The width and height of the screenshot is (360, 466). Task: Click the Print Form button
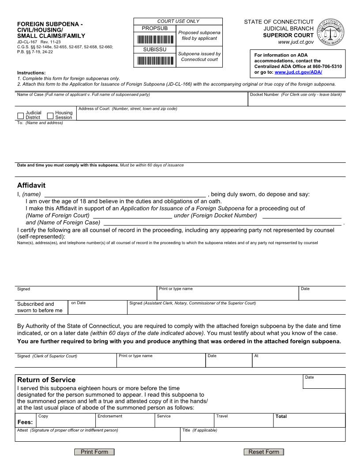point(94,452)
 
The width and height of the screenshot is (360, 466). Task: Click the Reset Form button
point(264,452)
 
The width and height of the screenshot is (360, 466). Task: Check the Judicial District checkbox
point(20,116)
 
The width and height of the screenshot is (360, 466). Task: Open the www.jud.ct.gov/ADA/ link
point(298,72)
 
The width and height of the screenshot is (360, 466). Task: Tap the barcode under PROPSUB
point(154,39)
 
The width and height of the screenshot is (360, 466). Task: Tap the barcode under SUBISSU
point(154,60)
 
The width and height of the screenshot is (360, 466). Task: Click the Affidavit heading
point(31,185)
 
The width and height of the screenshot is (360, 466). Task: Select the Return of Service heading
point(46,380)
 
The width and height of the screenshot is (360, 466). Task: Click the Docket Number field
point(296,101)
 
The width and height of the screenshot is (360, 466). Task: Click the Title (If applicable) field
point(262,436)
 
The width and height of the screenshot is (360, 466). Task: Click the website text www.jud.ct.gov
point(296,42)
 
